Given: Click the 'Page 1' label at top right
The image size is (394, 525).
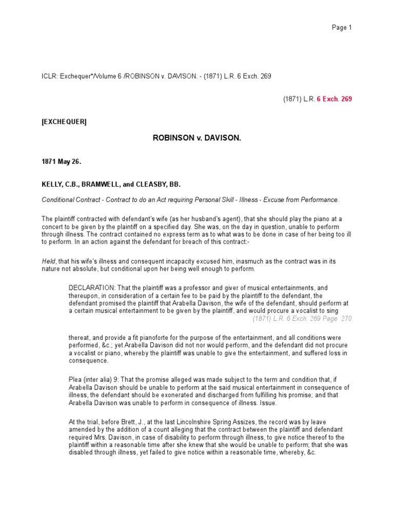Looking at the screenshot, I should click(342, 28).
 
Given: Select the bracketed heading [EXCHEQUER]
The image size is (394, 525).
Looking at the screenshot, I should click(64, 122).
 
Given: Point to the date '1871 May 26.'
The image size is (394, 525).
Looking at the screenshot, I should click(62, 161).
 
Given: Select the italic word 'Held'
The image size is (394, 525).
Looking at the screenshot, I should click(48, 261).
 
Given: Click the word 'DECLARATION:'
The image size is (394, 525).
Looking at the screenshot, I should click(89, 288).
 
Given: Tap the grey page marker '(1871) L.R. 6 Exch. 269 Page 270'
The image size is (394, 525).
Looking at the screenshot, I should click(302, 318).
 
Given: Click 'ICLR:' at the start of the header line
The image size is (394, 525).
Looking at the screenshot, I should click(49, 76).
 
